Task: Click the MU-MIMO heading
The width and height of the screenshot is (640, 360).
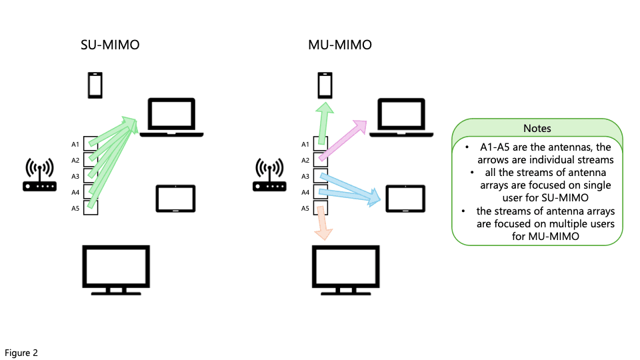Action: click(340, 45)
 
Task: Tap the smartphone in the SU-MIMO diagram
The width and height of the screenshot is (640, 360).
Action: click(95, 86)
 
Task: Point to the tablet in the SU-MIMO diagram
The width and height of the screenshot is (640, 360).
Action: click(175, 199)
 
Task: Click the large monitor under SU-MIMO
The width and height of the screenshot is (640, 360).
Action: click(116, 269)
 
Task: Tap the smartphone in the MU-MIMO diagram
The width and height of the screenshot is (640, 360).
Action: click(325, 86)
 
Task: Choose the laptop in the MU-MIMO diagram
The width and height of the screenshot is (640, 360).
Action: click(401, 117)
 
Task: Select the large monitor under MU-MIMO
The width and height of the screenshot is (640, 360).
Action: click(347, 269)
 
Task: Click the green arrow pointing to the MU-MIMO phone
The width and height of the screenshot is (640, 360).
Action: click(323, 123)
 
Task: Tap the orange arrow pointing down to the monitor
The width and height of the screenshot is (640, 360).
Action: click(323, 223)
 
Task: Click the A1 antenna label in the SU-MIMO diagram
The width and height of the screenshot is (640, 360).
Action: click(75, 144)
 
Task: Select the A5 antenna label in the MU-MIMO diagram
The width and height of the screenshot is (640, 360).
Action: click(305, 209)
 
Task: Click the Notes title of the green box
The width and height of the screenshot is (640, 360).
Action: click(537, 128)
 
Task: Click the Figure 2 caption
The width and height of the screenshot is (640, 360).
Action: click(21, 353)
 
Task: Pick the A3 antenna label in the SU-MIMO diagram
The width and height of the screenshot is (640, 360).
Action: click(75, 177)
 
